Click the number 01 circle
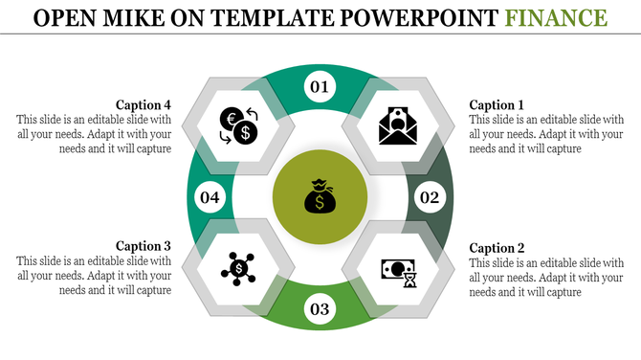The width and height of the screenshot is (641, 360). [320, 88]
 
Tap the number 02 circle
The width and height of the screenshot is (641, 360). [429, 198]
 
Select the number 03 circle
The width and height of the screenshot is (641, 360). [320, 308]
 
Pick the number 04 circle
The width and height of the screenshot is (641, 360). [210, 198]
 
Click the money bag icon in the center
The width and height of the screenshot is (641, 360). [320, 198]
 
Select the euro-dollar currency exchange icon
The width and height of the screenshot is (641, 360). [237, 125]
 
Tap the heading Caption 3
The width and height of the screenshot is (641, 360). [143, 245]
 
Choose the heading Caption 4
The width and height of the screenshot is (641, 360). [143, 104]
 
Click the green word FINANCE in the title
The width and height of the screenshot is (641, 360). [560, 17]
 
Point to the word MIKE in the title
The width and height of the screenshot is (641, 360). [140, 17]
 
